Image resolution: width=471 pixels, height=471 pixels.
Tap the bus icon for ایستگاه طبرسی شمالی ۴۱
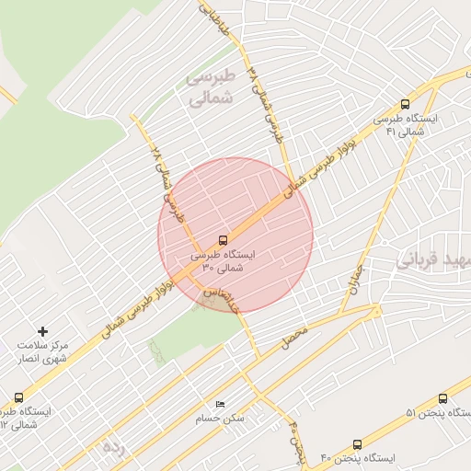[x=406, y=105]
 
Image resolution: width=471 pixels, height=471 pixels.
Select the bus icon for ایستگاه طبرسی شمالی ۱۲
[x=19, y=398]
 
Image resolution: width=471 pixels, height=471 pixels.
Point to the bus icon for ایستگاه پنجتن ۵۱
[x=442, y=398]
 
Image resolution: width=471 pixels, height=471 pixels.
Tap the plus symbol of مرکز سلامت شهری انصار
[x=42, y=330]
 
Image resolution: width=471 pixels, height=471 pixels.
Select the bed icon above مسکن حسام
[x=219, y=405]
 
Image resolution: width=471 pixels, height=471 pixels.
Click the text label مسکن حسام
[x=224, y=419]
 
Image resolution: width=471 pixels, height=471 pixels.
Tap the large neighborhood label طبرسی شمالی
[x=213, y=89]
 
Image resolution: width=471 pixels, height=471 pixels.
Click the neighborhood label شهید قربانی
[x=433, y=259]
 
